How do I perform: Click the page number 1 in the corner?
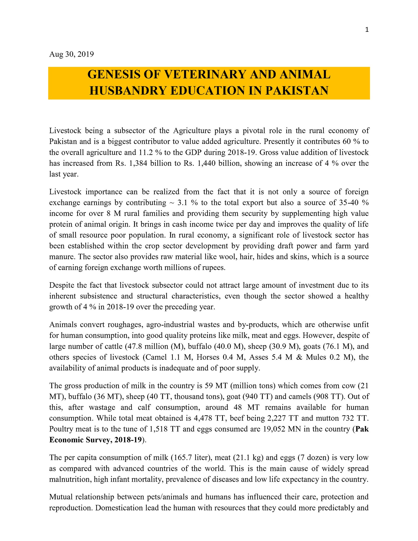(367, 30)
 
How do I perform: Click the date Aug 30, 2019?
(71, 54)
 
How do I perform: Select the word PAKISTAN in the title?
(297, 91)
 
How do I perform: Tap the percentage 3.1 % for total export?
(188, 203)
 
